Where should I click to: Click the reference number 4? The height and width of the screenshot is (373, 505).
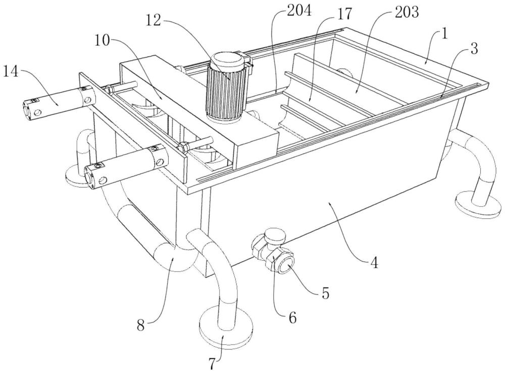tap(374, 263)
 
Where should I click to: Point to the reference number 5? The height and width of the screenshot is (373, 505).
tap(325, 293)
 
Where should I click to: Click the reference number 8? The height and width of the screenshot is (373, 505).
tap(141, 326)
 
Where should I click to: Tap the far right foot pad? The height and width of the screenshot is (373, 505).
tap(478, 205)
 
